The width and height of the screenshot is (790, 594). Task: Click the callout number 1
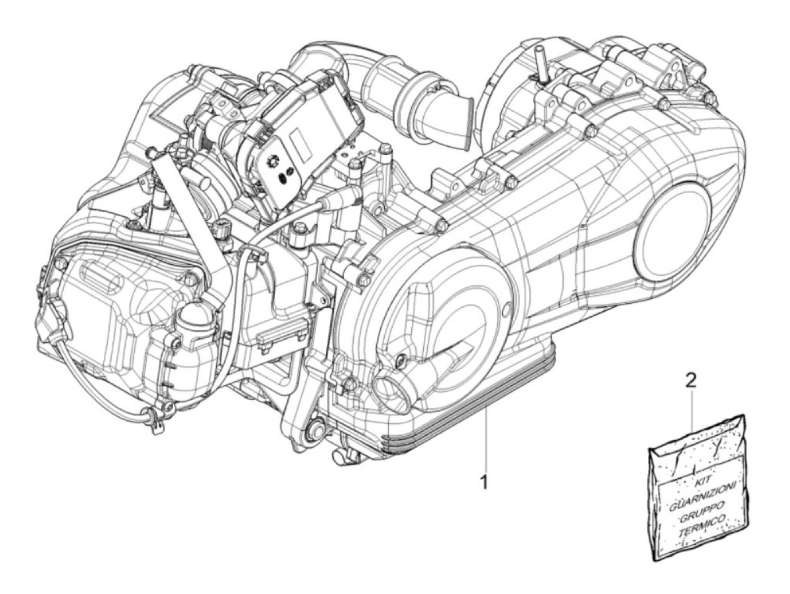coord(485,481)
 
